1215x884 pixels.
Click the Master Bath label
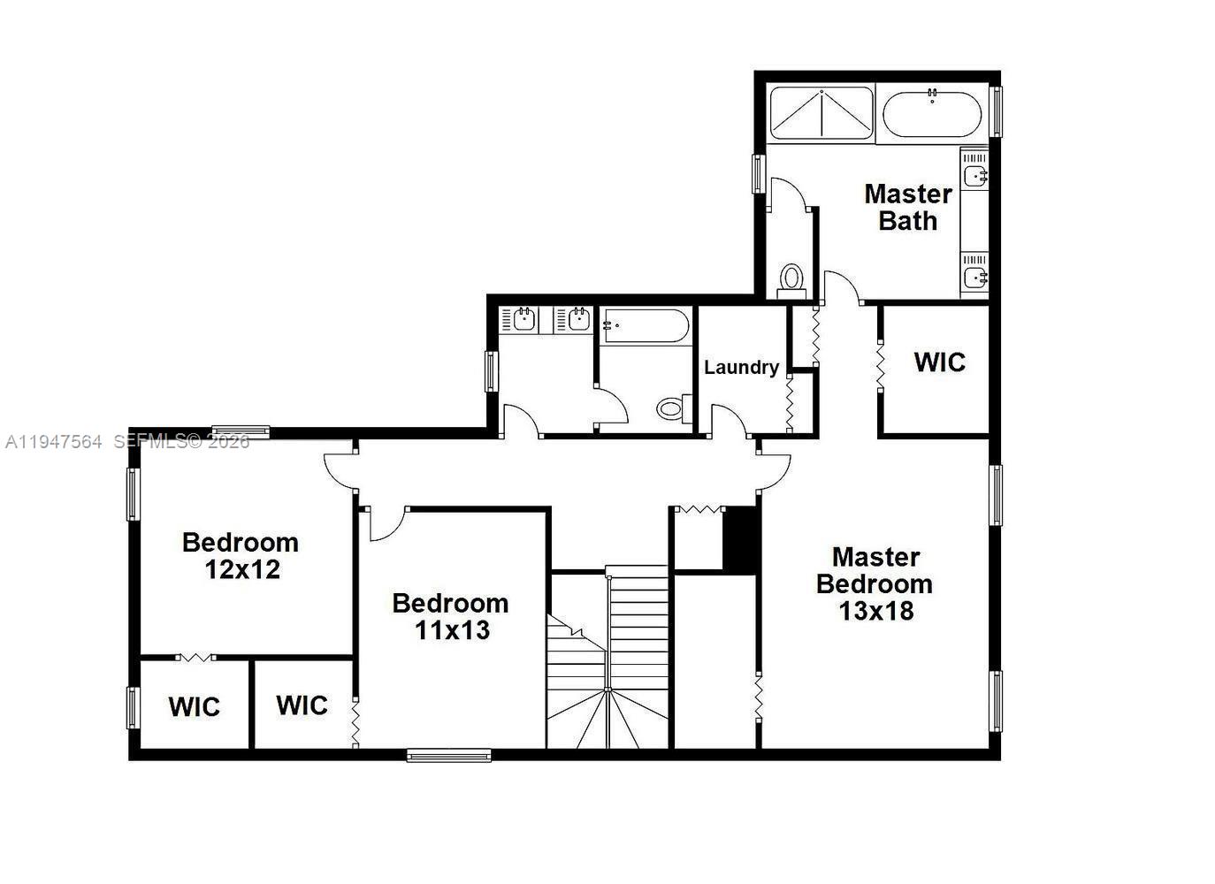click(908, 207)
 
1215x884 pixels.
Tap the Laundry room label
click(741, 367)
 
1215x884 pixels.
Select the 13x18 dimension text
click(875, 611)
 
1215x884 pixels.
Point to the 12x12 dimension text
click(242, 569)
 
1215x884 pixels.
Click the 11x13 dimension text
click(452, 630)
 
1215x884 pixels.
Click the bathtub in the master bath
click(931, 113)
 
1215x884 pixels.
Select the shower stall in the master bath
click(821, 113)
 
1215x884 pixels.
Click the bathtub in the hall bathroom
click(646, 325)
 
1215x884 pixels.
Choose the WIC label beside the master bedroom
click(939, 362)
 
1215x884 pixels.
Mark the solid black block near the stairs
click(741, 538)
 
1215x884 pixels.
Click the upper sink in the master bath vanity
click(974, 175)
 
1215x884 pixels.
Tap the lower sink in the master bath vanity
click(974, 278)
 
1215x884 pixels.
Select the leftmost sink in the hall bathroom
click(522, 318)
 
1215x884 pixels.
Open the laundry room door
click(728, 419)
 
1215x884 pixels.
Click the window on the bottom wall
click(448, 755)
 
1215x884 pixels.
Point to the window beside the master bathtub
click(996, 111)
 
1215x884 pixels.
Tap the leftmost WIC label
click(195, 707)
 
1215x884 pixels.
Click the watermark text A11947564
click(54, 441)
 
